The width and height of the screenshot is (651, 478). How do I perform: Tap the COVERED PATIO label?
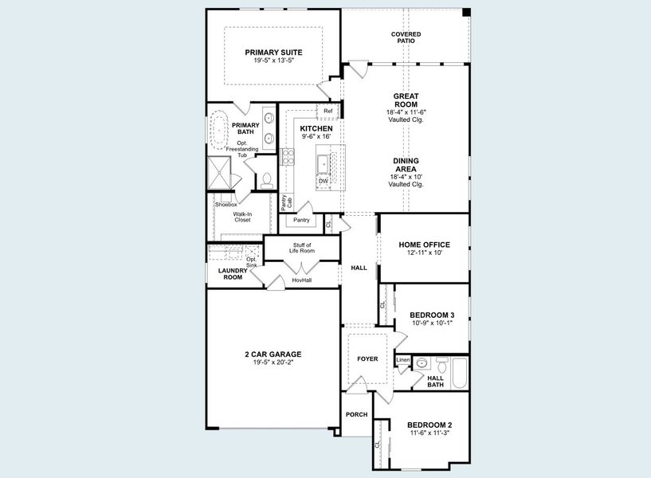coord(406,37)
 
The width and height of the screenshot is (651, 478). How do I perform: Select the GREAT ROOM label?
coord(406,100)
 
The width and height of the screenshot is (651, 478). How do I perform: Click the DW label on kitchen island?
coord(323,181)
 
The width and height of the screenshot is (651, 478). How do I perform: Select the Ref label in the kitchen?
coord(327,111)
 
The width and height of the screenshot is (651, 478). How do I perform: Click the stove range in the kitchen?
coord(287,156)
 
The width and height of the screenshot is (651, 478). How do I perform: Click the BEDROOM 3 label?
coord(432,315)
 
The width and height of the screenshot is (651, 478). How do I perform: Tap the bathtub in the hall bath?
coord(457,373)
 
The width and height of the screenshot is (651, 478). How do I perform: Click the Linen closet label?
coord(403,360)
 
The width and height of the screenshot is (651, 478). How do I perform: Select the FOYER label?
coord(367,359)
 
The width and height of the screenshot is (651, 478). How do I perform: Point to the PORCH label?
coord(355,415)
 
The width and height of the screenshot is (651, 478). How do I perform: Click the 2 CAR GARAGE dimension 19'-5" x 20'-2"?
coord(273,362)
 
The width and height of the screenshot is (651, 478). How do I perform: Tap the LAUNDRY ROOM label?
coord(232,273)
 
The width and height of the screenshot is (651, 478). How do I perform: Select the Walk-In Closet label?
coord(242,217)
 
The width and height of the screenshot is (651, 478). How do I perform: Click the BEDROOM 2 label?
coord(429,425)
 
